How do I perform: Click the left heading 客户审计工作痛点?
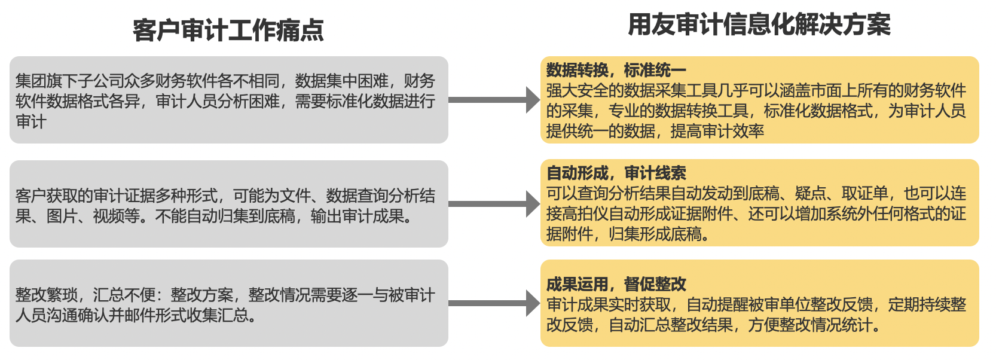(x=228, y=30)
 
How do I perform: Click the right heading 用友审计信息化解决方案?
(x=759, y=25)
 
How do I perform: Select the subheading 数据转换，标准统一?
(x=616, y=71)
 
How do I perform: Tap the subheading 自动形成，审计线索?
(x=616, y=173)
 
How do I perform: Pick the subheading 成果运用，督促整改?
(x=616, y=284)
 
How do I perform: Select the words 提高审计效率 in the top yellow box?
(x=717, y=131)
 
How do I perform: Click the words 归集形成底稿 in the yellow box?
(x=655, y=234)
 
